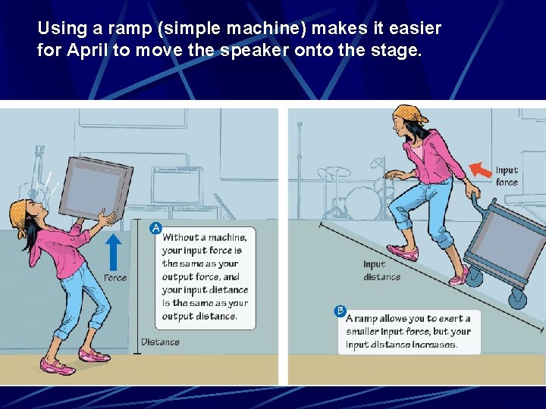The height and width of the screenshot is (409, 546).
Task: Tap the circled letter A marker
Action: click(x=156, y=228)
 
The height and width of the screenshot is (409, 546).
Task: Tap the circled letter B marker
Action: click(x=340, y=311)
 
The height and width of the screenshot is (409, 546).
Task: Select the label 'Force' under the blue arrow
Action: click(x=115, y=278)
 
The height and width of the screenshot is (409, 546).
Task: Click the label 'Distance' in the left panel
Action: click(x=160, y=342)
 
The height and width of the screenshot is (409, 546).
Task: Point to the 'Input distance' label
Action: click(x=381, y=270)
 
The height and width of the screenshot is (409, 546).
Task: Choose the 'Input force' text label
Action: click(x=507, y=176)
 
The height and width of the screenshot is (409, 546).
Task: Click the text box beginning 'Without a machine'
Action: click(x=205, y=276)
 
